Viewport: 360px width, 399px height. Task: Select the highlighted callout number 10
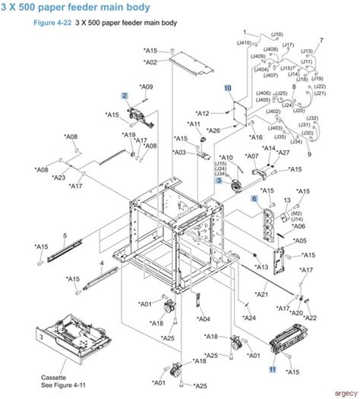pyautogui.click(x=227, y=88)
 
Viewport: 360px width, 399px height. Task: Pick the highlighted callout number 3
pyautogui.click(x=219, y=180)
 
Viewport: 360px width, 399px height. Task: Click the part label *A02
pyautogui.click(x=150, y=62)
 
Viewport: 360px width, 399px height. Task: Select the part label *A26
pyautogui.click(x=213, y=130)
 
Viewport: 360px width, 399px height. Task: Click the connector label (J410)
pyautogui.click(x=245, y=42)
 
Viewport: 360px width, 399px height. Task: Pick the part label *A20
pyautogui.click(x=296, y=313)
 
